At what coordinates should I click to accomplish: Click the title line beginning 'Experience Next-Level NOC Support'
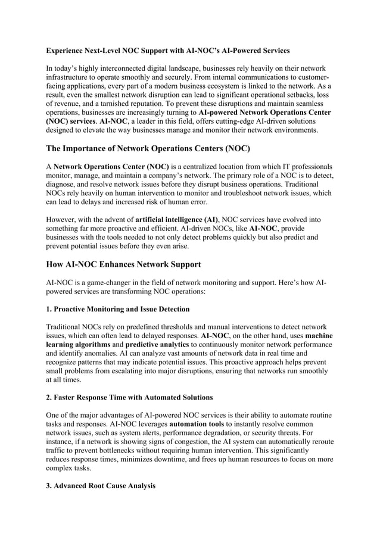tap(168, 51)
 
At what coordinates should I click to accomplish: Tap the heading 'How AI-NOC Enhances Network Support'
tap(123, 264)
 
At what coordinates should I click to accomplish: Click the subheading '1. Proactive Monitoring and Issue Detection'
tap(118, 309)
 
